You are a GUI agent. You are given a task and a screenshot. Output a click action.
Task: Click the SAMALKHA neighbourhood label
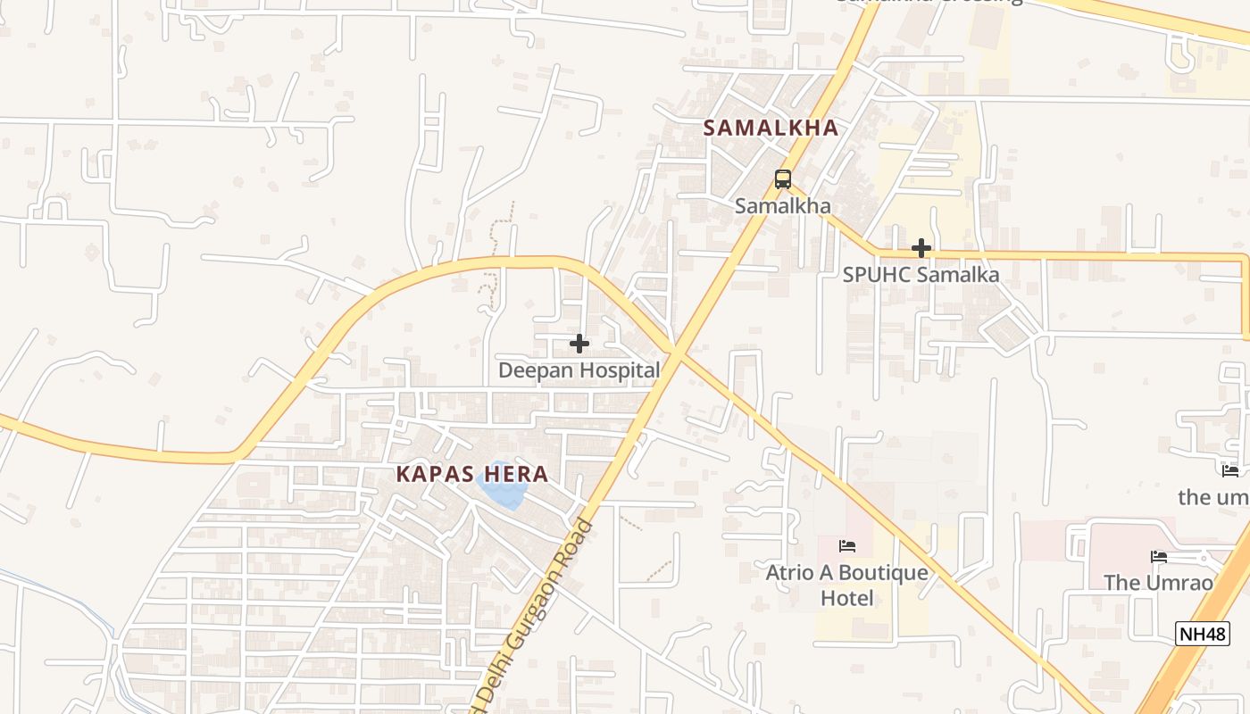click(x=771, y=128)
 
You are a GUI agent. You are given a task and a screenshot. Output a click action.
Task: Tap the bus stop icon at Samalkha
click(x=783, y=179)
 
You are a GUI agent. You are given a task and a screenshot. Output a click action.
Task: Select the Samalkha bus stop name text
click(x=783, y=206)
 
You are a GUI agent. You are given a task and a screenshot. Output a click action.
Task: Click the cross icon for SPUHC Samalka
click(x=921, y=248)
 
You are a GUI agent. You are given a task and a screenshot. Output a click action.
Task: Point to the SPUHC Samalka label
click(x=921, y=275)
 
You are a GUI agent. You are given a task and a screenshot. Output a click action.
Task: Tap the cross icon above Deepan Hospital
click(x=579, y=343)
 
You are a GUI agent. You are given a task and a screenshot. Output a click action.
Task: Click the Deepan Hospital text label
click(x=579, y=369)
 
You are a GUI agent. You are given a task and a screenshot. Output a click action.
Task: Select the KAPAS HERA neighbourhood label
click(x=472, y=473)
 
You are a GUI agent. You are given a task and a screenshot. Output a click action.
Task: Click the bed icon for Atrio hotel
click(x=847, y=546)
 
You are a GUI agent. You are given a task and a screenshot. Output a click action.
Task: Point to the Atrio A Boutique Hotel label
click(x=847, y=585)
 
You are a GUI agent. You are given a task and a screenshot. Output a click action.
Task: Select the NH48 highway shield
click(x=1202, y=634)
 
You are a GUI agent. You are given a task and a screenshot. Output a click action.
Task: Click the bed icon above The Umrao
click(x=1159, y=557)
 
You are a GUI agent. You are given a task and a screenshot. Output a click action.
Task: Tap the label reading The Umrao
click(x=1159, y=583)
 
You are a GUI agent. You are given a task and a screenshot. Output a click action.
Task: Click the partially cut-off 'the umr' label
click(x=1213, y=497)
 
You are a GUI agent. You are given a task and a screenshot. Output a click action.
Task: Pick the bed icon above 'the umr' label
click(x=1230, y=470)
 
